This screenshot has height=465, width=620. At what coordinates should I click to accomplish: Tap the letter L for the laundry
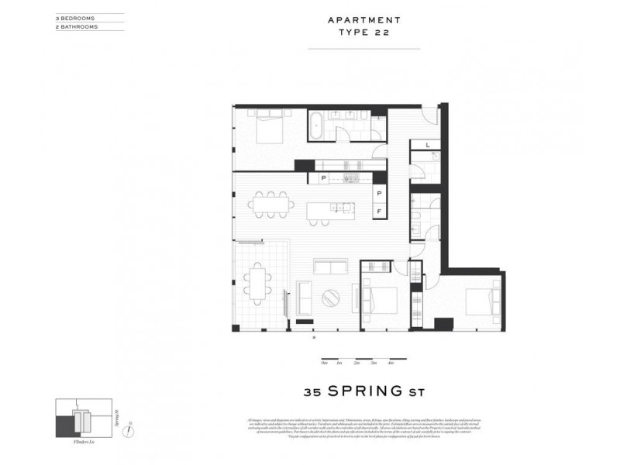[x=427, y=145]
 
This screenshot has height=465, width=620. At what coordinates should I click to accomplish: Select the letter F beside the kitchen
[x=380, y=211]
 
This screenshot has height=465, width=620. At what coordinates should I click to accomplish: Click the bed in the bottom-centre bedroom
[x=380, y=300]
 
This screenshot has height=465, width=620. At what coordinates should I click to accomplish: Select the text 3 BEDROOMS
[x=75, y=16]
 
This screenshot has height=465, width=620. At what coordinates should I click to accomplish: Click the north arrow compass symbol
[x=130, y=423]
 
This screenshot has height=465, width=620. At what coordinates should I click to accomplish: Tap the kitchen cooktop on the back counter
[x=351, y=178]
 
